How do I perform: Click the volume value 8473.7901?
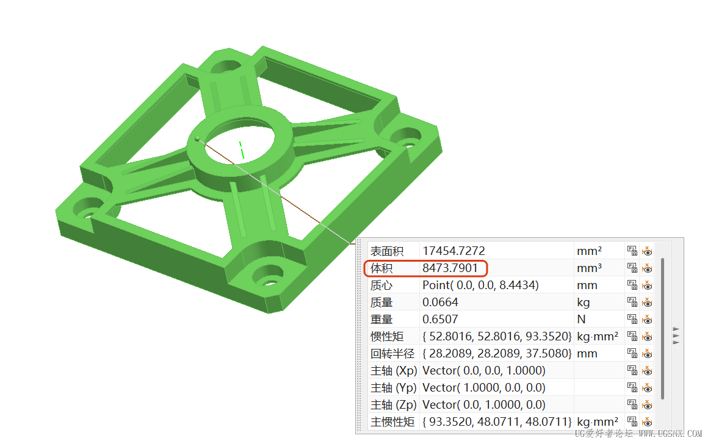(450, 268)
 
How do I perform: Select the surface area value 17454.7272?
(454, 251)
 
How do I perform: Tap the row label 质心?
(381, 285)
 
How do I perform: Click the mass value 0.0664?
(440, 302)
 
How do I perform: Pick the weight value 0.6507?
(440, 319)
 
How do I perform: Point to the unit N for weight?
(581, 319)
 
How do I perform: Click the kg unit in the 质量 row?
(584, 303)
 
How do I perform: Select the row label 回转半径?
(392, 354)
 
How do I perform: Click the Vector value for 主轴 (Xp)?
(484, 371)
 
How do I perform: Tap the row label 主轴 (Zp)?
(394, 405)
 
